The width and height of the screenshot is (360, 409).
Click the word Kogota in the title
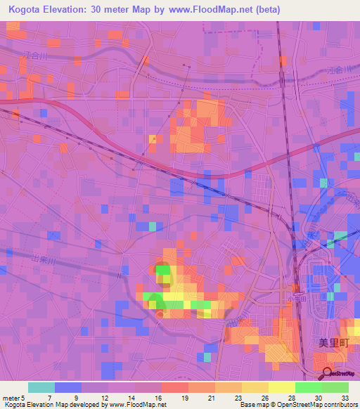(x=26, y=9)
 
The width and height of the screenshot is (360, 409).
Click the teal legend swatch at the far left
(x=41, y=387)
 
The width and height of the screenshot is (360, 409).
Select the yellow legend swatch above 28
(x=281, y=387)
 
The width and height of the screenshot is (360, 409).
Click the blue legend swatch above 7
(x=67, y=387)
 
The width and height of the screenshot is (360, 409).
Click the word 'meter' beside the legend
(x=11, y=398)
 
